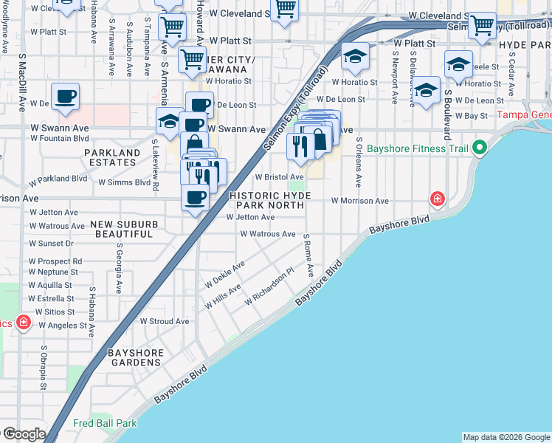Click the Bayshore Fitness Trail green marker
coord(479,148)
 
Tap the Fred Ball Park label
coord(105,424)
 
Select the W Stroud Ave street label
coord(165,321)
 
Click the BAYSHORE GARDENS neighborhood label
coord(135,358)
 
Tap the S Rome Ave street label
coord(308,255)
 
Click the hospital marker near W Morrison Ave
coord(438,199)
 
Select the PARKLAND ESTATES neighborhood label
coord(112,158)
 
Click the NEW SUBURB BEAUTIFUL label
coord(123,228)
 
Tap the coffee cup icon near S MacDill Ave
coord(65,97)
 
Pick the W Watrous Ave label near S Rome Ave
coord(267,234)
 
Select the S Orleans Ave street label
coord(359,161)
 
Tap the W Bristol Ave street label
coord(280,177)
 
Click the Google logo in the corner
coord(24,434)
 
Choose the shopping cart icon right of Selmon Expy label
coord(483,25)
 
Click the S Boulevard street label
coord(447,115)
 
